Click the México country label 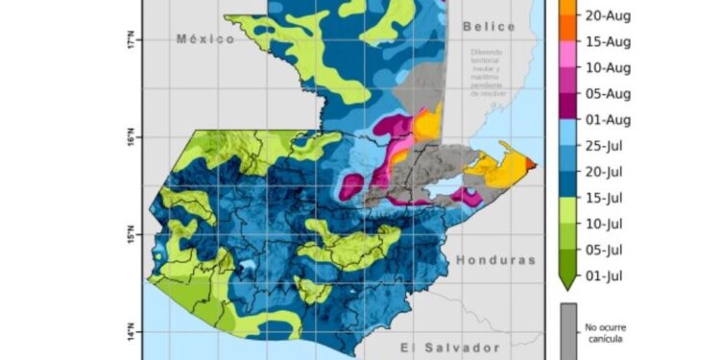click(x=205, y=38)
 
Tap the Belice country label click(x=488, y=27)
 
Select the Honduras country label click(x=493, y=260)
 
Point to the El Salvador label click(x=438, y=348)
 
